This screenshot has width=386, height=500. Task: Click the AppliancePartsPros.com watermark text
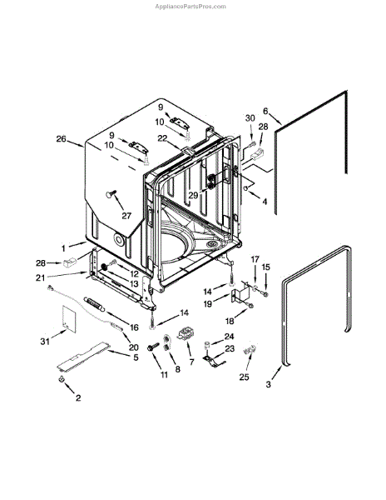[191, 7]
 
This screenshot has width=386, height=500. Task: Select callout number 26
[61, 139]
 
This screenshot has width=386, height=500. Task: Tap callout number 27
[126, 216]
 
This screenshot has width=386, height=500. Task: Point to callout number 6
[265, 111]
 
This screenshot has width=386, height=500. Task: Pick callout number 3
[268, 384]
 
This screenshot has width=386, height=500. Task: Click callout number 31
[45, 342]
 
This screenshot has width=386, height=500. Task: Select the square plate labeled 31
[68, 317]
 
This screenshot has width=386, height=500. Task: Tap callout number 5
[136, 357]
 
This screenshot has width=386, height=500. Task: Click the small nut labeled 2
[62, 379]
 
